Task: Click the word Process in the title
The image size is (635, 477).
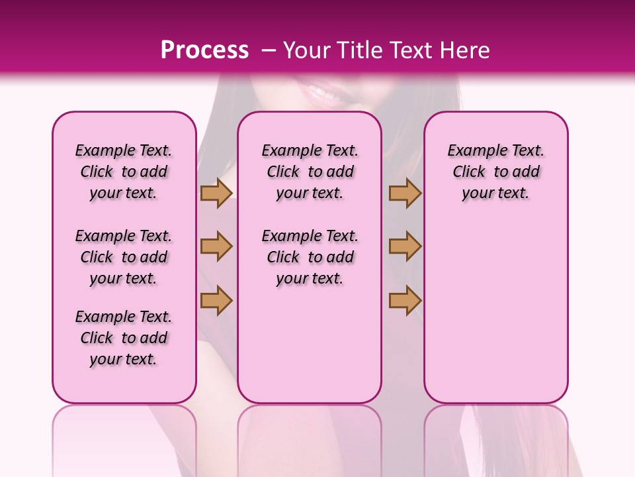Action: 204,50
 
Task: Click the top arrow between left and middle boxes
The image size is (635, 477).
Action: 216,193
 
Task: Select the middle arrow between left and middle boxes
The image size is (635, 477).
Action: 216,246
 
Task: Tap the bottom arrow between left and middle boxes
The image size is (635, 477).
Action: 216,300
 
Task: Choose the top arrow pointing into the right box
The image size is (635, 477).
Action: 405,193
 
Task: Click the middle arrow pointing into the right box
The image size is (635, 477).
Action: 405,246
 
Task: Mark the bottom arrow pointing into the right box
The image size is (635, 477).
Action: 405,300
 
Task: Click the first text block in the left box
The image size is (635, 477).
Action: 124,172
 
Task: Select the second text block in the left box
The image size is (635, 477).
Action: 124,257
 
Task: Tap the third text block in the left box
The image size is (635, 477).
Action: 124,338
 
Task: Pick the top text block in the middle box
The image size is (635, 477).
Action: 310,172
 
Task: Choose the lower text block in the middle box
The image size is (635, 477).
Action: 310,257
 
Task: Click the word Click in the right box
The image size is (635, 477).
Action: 469,172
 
